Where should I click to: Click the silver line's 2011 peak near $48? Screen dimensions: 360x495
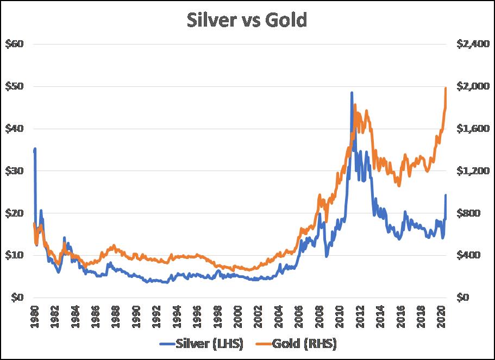[352, 93]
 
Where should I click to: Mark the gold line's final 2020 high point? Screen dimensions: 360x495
[446, 88]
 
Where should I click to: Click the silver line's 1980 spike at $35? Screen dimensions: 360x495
[35, 148]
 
